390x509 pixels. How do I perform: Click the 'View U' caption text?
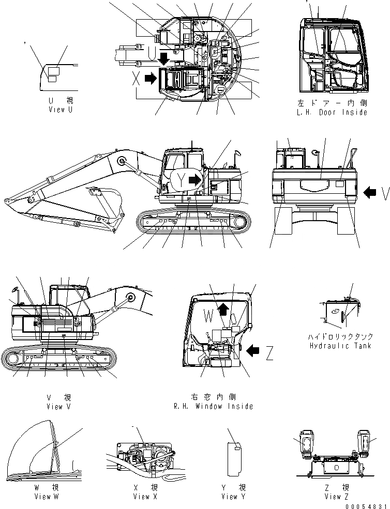pos(60,110)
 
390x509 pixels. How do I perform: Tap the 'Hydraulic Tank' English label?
pos(339,346)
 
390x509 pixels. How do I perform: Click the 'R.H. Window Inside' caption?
pos(214,406)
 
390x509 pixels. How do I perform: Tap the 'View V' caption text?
pos(58,406)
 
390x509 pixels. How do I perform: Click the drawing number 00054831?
pos(368,506)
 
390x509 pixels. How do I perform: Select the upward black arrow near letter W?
pos(222,309)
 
